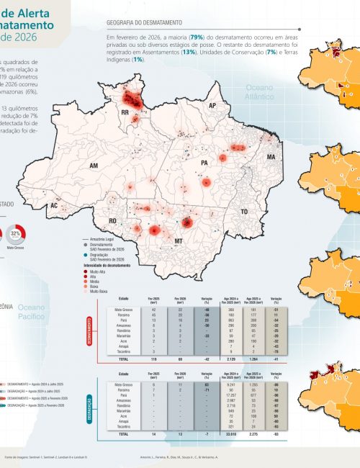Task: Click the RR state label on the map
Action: coord(125,113)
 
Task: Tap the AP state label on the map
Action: coord(212,105)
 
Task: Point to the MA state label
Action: coord(271,156)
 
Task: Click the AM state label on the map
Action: coord(93,166)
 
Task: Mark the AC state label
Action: coord(53,205)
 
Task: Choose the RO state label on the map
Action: coord(112,220)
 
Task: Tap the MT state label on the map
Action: coord(178,241)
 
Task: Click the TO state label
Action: coord(244,212)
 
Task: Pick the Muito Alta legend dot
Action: coord(87,271)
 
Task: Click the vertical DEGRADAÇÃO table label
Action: coord(98,405)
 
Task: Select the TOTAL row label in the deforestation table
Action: coord(124,358)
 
